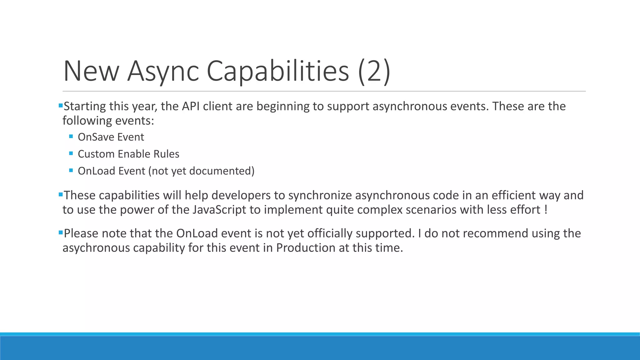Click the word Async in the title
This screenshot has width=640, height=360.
163,71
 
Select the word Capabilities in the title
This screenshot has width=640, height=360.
277,71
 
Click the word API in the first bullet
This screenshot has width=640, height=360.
191,107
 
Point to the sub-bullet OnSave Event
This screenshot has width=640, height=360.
111,137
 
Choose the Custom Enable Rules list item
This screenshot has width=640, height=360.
128,154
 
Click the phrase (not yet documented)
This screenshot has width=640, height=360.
202,171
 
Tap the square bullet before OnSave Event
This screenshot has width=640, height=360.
71,137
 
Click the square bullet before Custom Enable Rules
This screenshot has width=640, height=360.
71,153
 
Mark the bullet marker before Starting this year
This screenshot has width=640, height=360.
61,106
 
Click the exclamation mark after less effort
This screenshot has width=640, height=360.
546,210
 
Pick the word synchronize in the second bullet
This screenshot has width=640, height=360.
320,195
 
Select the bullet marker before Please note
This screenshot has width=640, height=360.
61,232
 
